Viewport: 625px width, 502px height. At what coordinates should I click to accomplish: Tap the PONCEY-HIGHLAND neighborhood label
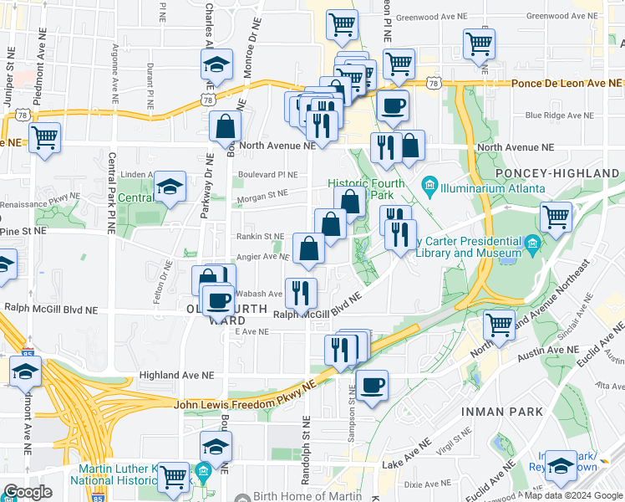[558, 172]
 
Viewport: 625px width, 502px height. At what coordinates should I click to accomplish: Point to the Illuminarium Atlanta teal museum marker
[429, 183]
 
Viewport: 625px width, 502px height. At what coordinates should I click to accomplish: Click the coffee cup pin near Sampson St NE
[373, 386]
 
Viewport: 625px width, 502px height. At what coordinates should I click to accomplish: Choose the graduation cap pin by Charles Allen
[216, 65]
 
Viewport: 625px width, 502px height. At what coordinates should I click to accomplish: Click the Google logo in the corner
[28, 492]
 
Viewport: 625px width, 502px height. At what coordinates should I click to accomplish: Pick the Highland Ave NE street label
[175, 376]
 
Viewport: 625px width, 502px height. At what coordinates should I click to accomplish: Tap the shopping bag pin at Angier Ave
[309, 248]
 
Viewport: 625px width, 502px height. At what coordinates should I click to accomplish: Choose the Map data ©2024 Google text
[574, 495]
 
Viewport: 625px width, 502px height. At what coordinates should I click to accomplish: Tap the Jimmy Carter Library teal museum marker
[532, 245]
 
